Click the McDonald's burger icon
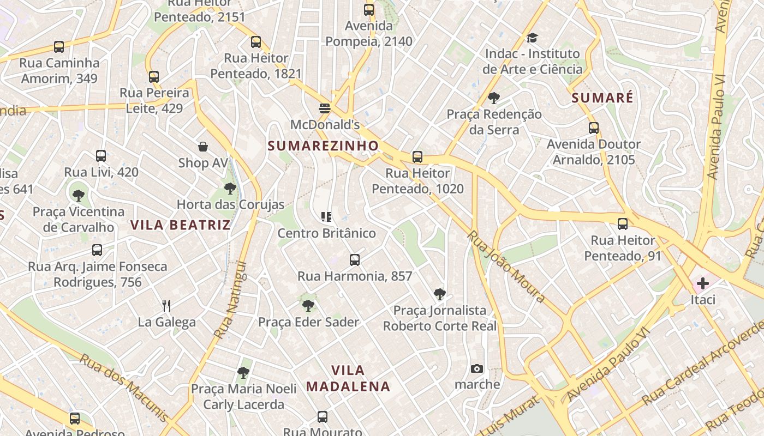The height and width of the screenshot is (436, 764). [x=325, y=108]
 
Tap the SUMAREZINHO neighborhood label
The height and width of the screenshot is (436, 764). [x=323, y=146]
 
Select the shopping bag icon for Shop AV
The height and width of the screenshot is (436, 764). [x=203, y=147]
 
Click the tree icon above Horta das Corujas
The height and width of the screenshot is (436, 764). [x=230, y=189]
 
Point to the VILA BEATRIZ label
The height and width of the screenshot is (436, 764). [x=180, y=225]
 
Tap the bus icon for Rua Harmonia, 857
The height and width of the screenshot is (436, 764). [x=355, y=259]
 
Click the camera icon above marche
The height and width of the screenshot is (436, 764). [x=477, y=368]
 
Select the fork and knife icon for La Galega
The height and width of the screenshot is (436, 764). [x=167, y=305]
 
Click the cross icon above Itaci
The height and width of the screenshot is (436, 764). [x=703, y=283]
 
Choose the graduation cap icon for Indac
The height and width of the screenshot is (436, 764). [x=532, y=38]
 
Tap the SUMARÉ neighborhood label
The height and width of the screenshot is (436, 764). [x=602, y=98]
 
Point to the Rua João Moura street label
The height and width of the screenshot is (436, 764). [x=506, y=267]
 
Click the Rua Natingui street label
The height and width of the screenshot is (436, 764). [x=231, y=300]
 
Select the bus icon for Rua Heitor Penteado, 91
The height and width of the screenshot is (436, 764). [x=623, y=223]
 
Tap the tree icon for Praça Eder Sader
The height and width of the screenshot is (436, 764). [x=308, y=305]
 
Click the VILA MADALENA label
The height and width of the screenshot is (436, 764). [x=348, y=378]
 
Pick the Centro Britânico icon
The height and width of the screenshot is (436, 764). [x=326, y=217]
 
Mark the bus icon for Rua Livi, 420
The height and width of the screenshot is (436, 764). [x=101, y=156]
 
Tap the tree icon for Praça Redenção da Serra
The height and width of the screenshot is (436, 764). [x=494, y=98]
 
